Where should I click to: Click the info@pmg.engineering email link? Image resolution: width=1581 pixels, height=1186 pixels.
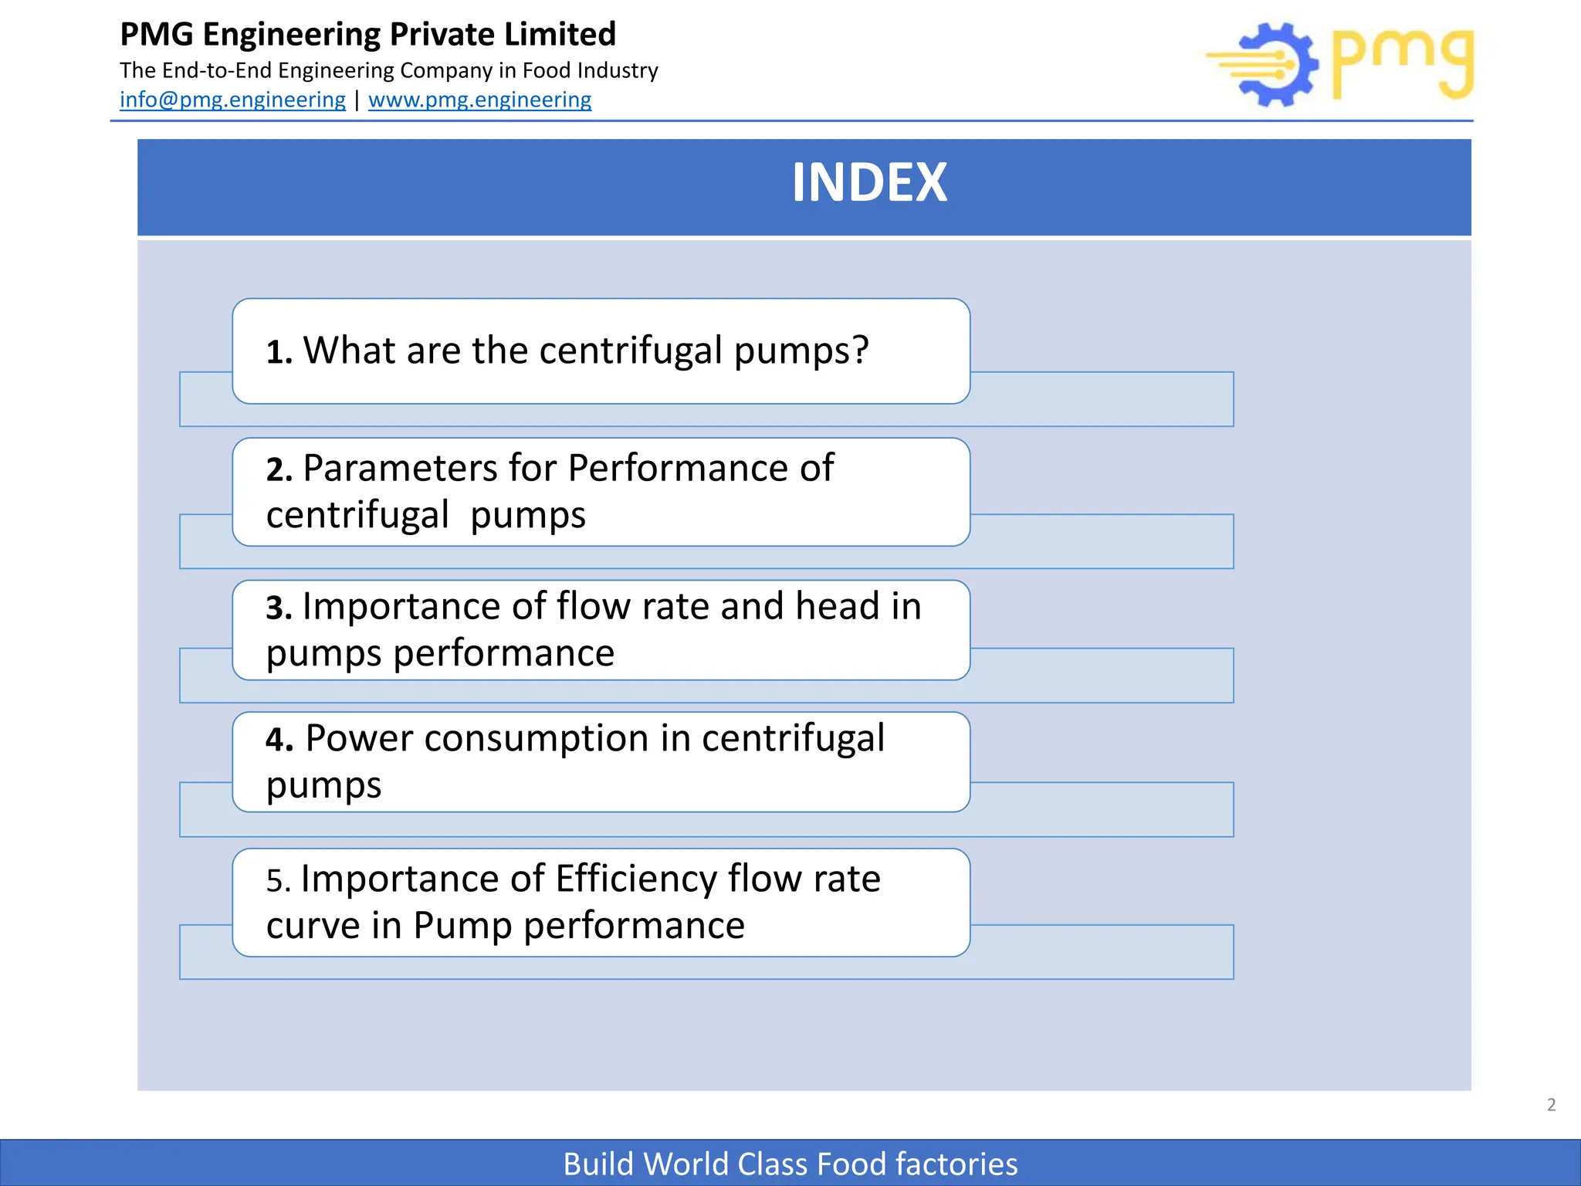tap(232, 100)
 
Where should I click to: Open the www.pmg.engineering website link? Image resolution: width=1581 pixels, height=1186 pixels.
tap(479, 100)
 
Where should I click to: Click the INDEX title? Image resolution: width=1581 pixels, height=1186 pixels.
tap(869, 183)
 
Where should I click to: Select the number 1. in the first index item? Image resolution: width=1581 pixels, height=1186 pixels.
tap(279, 353)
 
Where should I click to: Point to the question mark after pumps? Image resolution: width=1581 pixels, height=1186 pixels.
tap(860, 351)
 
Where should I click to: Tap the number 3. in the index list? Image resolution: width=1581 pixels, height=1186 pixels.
tap(279, 608)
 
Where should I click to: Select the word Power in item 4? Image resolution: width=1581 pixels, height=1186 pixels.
tap(359, 739)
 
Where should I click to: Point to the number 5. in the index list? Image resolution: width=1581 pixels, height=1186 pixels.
tap(278, 881)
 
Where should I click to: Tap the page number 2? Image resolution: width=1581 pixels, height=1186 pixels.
tap(1551, 1105)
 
